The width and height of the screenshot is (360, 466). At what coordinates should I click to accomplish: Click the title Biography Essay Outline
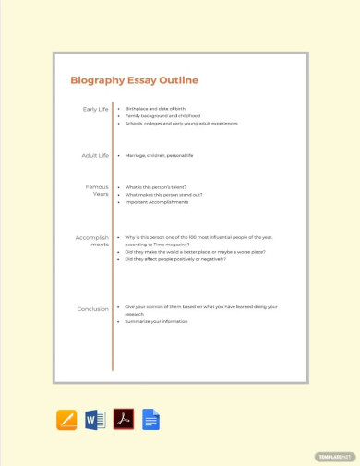pyautogui.click(x=134, y=80)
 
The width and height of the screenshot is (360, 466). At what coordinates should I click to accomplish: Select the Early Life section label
pyautogui.click(x=96, y=109)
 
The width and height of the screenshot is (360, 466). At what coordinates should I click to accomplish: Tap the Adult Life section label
pyautogui.click(x=96, y=155)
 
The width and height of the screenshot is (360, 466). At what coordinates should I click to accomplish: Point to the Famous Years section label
pyautogui.click(x=97, y=190)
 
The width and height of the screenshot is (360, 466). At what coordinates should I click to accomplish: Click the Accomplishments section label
pyautogui.click(x=92, y=241)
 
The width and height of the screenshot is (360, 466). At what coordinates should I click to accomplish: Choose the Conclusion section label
pyautogui.click(x=92, y=309)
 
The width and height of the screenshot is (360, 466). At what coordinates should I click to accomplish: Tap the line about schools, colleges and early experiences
pyautogui.click(x=182, y=123)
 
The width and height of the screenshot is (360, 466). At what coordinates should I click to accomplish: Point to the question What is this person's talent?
pyautogui.click(x=162, y=187)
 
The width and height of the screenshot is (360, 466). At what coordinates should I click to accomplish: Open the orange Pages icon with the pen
pyautogui.click(x=66, y=420)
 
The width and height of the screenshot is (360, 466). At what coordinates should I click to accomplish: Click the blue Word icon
pyautogui.click(x=95, y=420)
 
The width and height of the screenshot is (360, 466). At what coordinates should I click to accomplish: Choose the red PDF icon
pyautogui.click(x=124, y=420)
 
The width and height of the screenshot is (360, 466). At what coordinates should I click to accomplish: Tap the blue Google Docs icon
pyautogui.click(x=150, y=420)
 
